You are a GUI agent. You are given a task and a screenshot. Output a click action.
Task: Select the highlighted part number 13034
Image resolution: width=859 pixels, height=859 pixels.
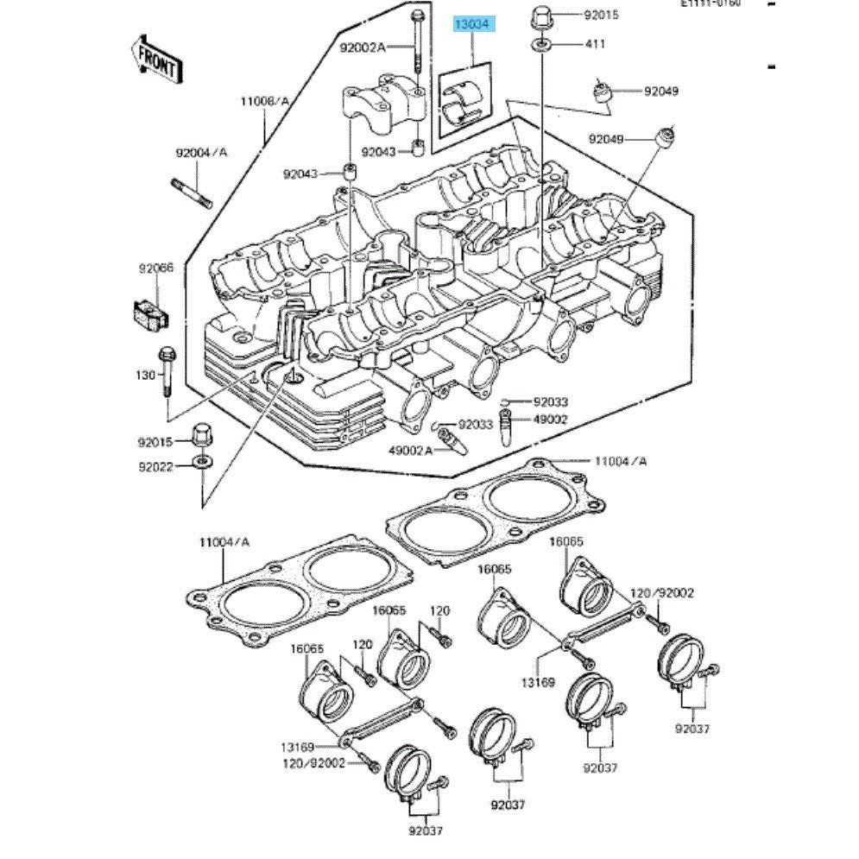[474, 25]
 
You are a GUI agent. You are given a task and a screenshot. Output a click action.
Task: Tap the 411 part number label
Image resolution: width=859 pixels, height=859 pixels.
[596, 43]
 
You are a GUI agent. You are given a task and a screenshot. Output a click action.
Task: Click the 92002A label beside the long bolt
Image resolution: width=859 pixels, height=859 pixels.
[362, 47]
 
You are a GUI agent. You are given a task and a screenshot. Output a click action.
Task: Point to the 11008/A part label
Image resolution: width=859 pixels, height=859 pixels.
[265, 102]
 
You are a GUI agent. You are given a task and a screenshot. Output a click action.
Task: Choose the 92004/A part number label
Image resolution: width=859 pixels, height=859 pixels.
[201, 153]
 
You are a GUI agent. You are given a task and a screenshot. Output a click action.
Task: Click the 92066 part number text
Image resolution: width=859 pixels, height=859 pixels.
[156, 268]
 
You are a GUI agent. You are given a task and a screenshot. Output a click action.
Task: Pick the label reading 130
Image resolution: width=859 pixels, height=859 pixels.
[146, 376]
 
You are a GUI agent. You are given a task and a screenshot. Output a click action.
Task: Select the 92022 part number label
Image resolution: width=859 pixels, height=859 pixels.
[156, 467]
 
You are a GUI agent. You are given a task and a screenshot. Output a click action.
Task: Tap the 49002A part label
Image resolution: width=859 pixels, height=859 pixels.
[409, 451]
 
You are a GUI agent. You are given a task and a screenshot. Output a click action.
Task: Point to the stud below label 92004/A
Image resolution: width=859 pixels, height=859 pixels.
[191, 191]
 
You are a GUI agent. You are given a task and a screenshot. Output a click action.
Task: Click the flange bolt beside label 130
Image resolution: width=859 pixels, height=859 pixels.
[167, 371]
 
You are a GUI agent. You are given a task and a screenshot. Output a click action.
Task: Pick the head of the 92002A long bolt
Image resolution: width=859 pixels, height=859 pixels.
[418, 16]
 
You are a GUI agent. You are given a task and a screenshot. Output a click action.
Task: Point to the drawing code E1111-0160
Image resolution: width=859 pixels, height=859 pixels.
[710, 4]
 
